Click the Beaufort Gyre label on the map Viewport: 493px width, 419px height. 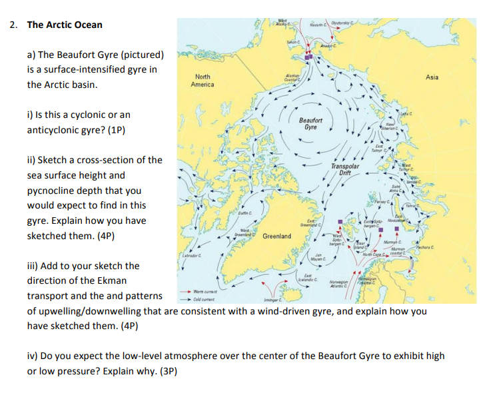310,124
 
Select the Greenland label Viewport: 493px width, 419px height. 276,236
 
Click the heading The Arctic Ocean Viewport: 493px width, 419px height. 65,25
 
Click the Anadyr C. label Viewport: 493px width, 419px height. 328,45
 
